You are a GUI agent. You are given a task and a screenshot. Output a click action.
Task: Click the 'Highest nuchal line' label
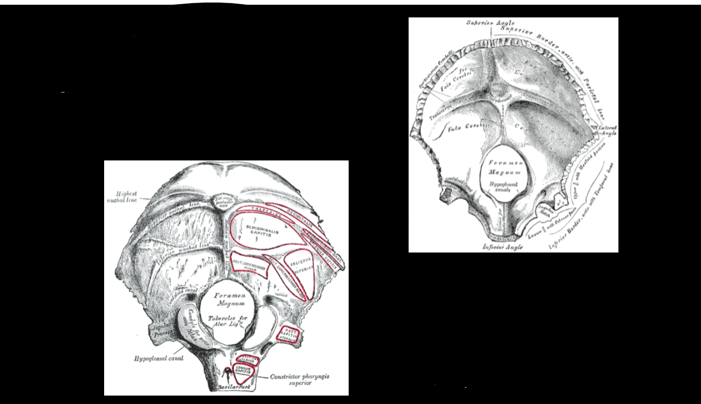[125, 196]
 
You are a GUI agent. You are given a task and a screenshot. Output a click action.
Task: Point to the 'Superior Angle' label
[487, 23]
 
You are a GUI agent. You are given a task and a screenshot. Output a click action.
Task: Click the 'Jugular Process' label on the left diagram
[159, 332]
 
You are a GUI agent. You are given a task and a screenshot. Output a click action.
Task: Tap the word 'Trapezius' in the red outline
[263, 209]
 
